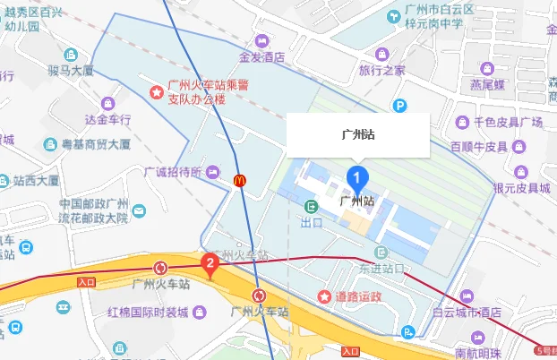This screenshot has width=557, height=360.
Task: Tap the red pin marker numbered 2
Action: tap(210, 264)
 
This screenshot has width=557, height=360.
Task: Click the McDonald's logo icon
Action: tap(240, 180)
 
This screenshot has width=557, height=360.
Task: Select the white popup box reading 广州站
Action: tap(358, 135)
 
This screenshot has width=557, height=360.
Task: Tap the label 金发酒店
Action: tap(261, 56)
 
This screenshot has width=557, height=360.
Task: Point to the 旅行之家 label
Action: tap(381, 69)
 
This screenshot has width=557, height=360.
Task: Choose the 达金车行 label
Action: tap(107, 118)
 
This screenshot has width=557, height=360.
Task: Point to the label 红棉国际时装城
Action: tap(148, 313)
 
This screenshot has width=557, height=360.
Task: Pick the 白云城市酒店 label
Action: tap(466, 313)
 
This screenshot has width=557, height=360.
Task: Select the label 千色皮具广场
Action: tap(508, 122)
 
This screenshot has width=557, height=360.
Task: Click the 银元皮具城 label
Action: tap(522, 187)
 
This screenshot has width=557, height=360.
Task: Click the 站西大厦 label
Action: tap(36, 180)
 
